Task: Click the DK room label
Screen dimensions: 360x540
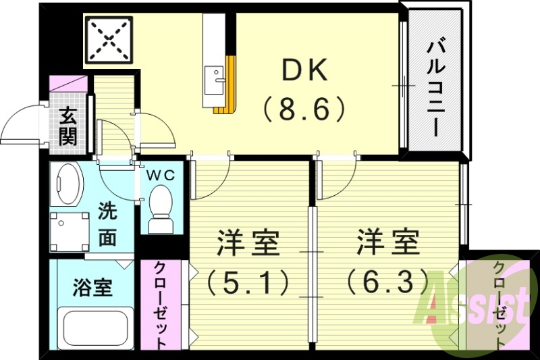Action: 304,70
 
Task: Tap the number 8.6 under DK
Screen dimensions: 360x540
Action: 304,108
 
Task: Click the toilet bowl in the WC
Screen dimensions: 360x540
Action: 161,205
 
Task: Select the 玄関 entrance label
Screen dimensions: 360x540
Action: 67,127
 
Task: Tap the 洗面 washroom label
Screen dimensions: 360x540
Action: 107,224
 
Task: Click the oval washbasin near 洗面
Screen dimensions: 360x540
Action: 68,184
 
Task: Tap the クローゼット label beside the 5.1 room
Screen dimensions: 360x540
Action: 162,305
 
